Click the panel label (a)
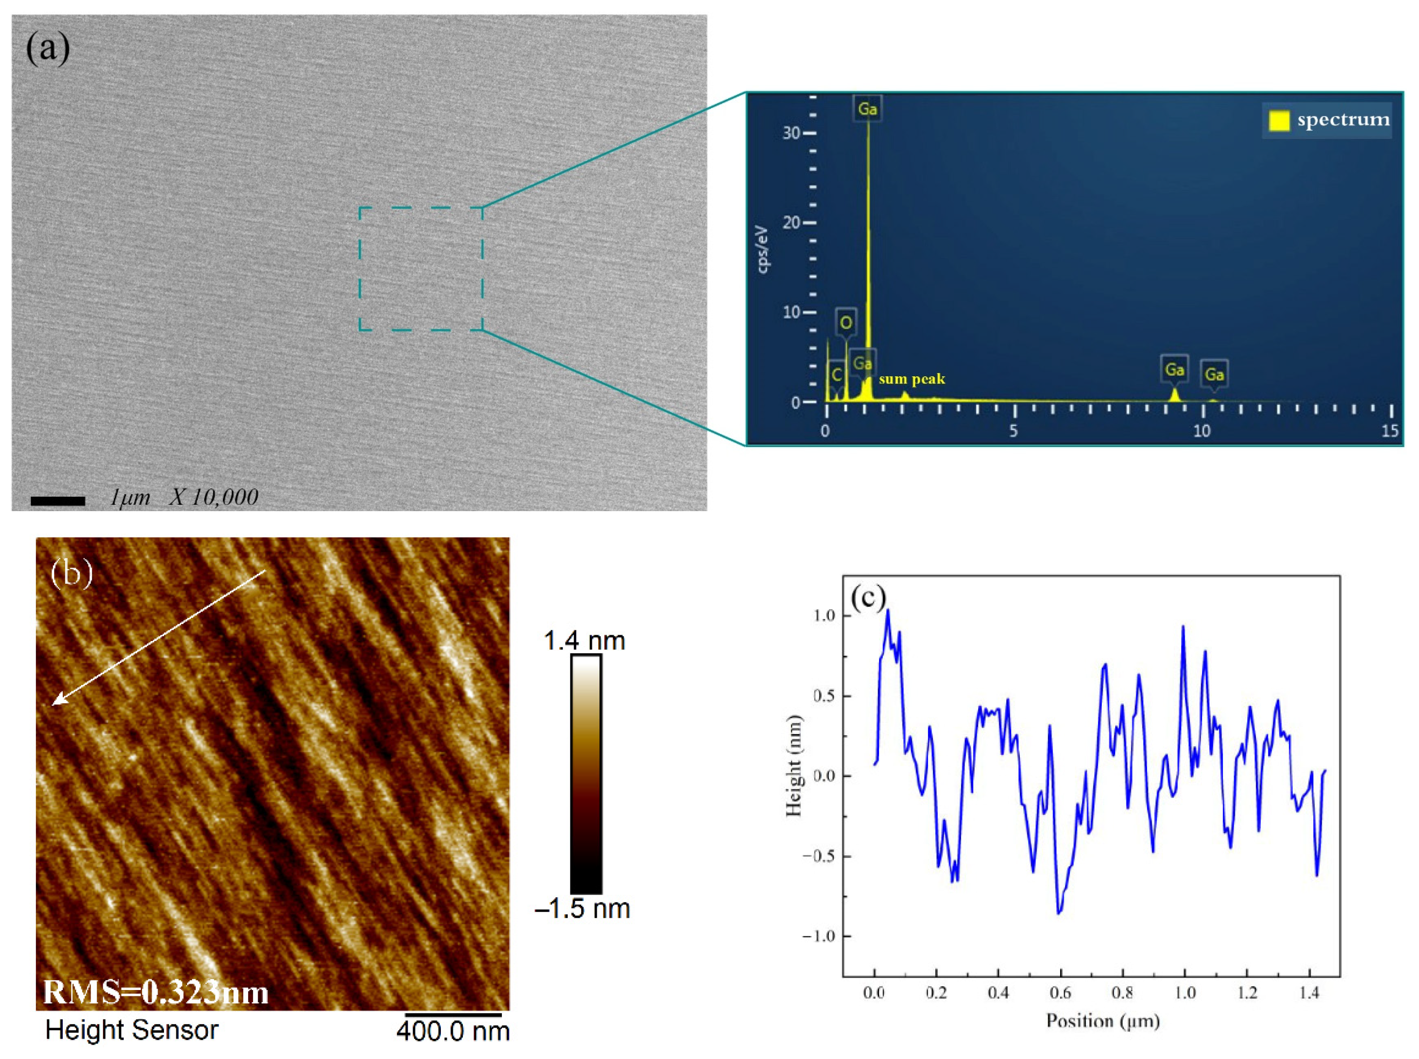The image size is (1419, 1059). click(x=47, y=49)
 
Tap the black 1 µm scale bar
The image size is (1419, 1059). click(x=58, y=501)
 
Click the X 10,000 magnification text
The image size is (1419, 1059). click(x=214, y=497)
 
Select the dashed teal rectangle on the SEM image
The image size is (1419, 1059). click(x=421, y=208)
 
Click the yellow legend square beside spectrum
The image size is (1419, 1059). click(x=1279, y=121)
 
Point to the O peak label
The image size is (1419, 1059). click(x=846, y=323)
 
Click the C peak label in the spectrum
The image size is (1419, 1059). click(x=836, y=375)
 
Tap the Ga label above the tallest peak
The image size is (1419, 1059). click(x=867, y=109)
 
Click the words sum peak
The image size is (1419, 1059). click(x=911, y=379)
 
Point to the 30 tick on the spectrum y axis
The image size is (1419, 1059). click(x=791, y=133)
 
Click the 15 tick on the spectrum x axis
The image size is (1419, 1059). click(x=1389, y=431)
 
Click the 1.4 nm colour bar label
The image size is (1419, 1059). click(x=584, y=641)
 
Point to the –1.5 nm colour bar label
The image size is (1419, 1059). click(x=582, y=908)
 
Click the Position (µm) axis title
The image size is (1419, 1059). click(x=1103, y=1020)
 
